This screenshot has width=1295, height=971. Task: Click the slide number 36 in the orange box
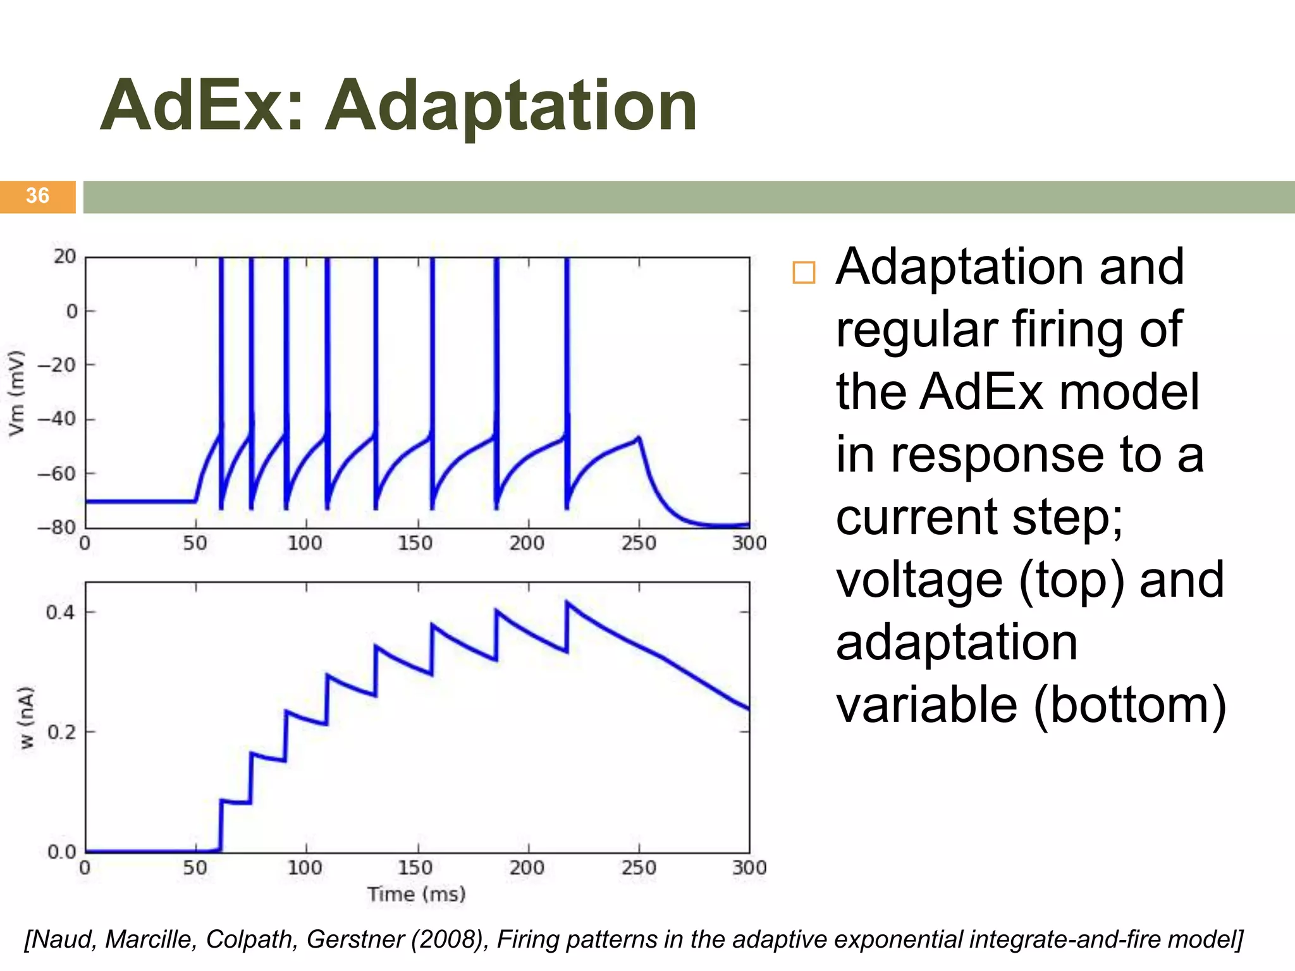(x=37, y=196)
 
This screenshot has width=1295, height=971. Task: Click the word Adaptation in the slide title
(x=511, y=106)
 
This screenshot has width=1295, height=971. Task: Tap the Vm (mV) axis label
(x=16, y=393)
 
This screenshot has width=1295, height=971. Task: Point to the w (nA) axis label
(x=25, y=718)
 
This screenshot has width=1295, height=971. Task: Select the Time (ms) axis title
(x=417, y=895)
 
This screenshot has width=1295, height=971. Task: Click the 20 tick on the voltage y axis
(x=64, y=257)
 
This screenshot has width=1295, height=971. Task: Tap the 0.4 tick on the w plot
(x=60, y=612)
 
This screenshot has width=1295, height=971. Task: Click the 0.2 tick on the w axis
(x=60, y=732)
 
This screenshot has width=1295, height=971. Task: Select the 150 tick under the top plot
(x=415, y=543)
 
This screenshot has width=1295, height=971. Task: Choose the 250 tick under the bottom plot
(x=639, y=867)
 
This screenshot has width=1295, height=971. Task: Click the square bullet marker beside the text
(x=804, y=272)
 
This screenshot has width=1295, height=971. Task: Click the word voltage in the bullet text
(x=919, y=580)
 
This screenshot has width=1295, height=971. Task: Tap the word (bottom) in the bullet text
(x=1130, y=705)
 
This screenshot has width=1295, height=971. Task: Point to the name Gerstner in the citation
(x=355, y=939)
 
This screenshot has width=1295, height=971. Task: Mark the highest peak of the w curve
(x=567, y=602)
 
